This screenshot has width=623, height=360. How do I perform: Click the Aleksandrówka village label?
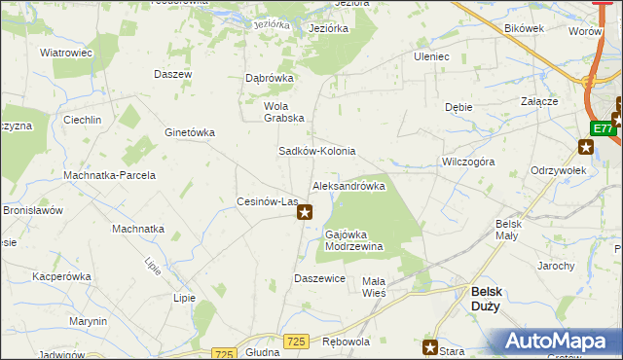(x=348, y=185)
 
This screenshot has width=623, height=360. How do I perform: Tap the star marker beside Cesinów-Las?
(x=305, y=211)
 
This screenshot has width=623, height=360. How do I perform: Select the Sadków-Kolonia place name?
(x=317, y=152)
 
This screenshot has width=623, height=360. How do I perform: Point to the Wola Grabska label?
(x=284, y=112)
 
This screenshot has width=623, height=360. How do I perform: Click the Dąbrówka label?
(x=270, y=80)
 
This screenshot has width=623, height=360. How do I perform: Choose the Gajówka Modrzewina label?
(x=353, y=240)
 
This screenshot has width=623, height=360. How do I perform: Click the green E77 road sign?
(x=603, y=128)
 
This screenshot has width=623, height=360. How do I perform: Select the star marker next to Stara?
(x=430, y=346)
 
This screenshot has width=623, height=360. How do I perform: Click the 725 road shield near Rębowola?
(x=297, y=340)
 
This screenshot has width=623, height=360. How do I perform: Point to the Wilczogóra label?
(x=467, y=162)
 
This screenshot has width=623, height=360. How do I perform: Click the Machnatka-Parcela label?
(x=109, y=175)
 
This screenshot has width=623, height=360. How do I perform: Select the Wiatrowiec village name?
(x=65, y=53)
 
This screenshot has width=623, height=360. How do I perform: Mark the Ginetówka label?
(x=190, y=132)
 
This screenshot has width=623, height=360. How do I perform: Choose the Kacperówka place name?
(x=61, y=276)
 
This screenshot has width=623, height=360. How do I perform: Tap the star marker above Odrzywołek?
(x=585, y=148)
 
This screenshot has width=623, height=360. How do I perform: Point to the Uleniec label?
(x=431, y=56)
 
